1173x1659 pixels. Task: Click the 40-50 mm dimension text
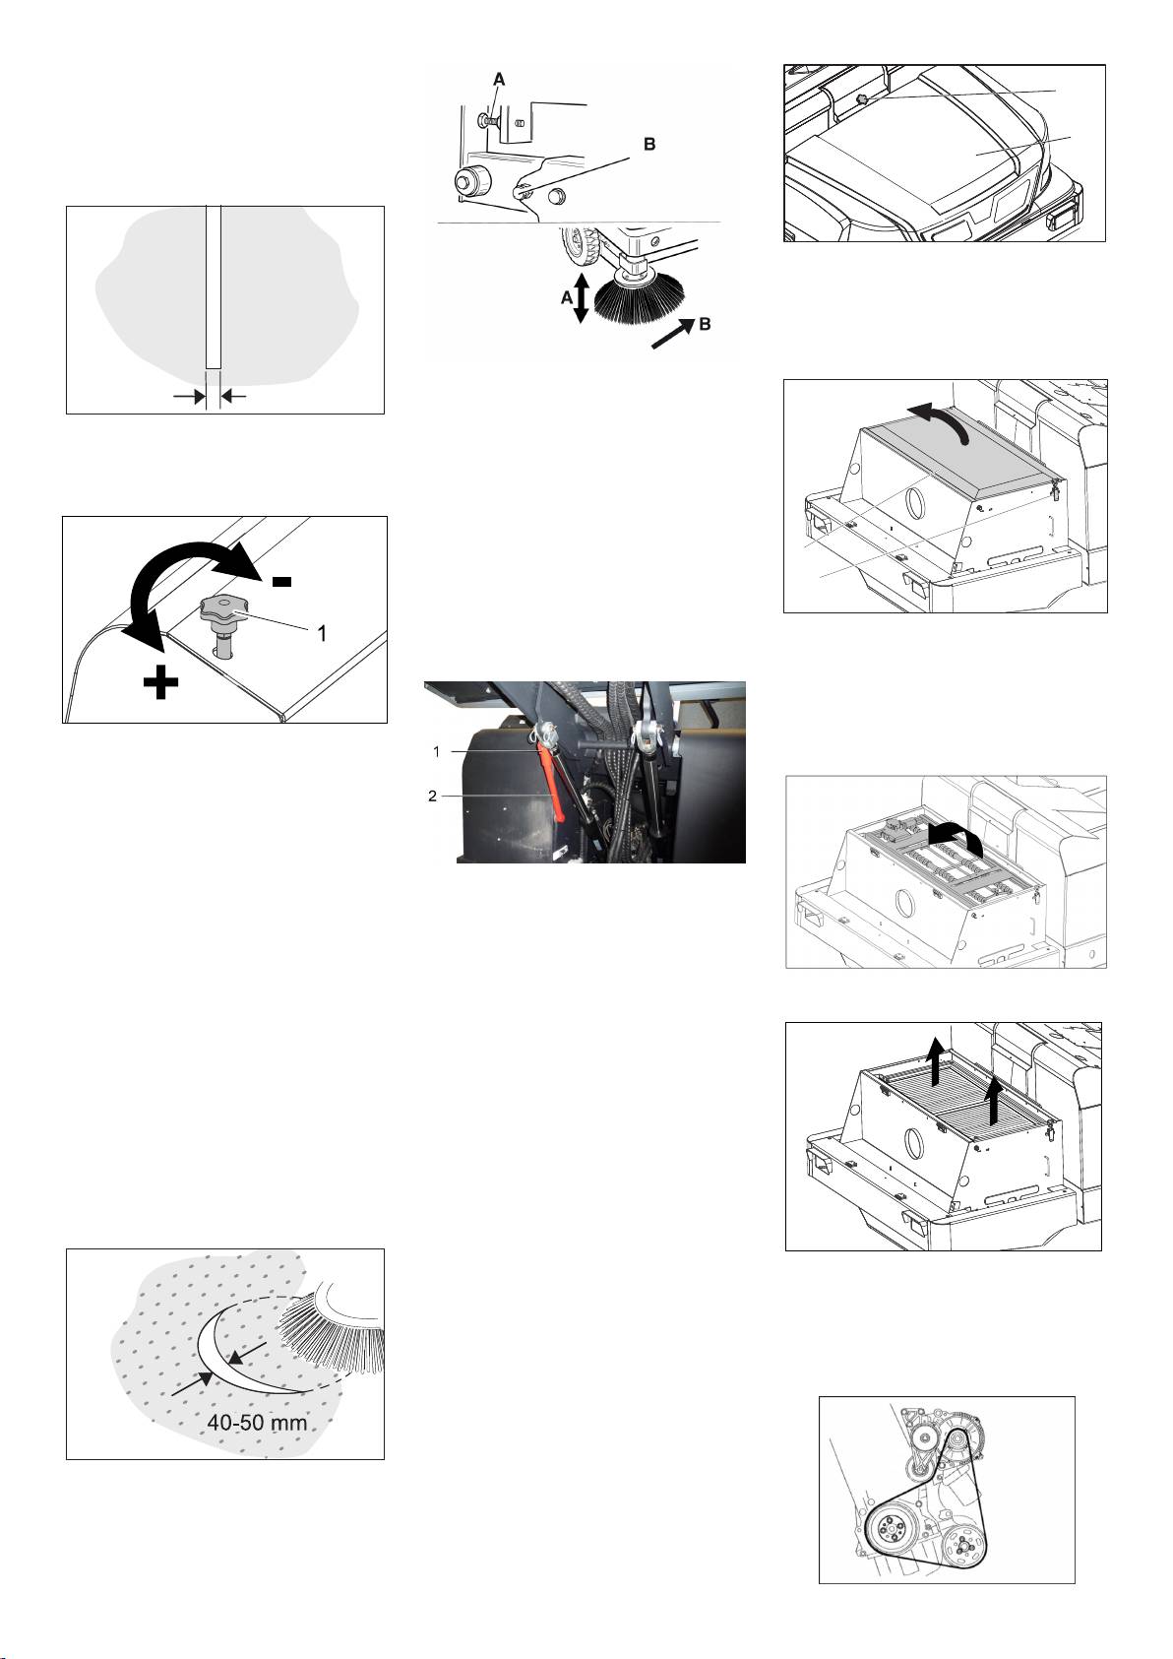point(256,1423)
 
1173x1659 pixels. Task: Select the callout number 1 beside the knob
point(322,632)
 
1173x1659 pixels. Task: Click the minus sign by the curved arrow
point(282,581)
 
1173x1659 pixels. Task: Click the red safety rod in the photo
point(551,782)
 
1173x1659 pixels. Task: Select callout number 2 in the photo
point(432,797)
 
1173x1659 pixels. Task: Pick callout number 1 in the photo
point(437,752)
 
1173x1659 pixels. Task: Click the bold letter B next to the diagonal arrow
point(706,324)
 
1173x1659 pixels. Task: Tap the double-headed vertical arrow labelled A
point(582,297)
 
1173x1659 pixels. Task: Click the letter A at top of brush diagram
point(500,79)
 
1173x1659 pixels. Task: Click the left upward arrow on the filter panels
point(936,1058)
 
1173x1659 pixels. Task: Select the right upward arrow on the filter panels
point(994,1101)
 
